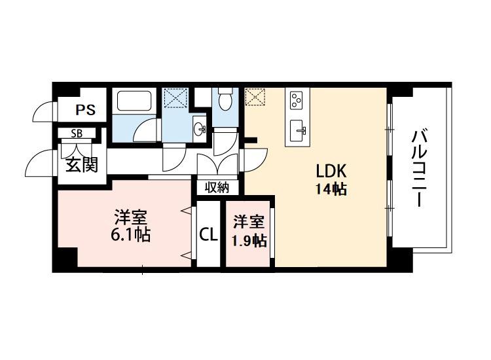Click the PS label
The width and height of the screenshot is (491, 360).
click(x=85, y=109)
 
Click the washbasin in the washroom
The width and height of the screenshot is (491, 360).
click(x=199, y=127)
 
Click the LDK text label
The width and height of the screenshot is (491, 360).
click(x=331, y=171)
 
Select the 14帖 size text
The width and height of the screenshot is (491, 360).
click(x=330, y=190)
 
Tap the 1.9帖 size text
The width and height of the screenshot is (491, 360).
click(x=249, y=241)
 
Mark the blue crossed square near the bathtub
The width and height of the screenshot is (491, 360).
click(x=175, y=99)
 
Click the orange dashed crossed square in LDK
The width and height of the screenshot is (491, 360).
click(x=254, y=98)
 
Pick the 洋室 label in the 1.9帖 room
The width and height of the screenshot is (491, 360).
click(x=249, y=223)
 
